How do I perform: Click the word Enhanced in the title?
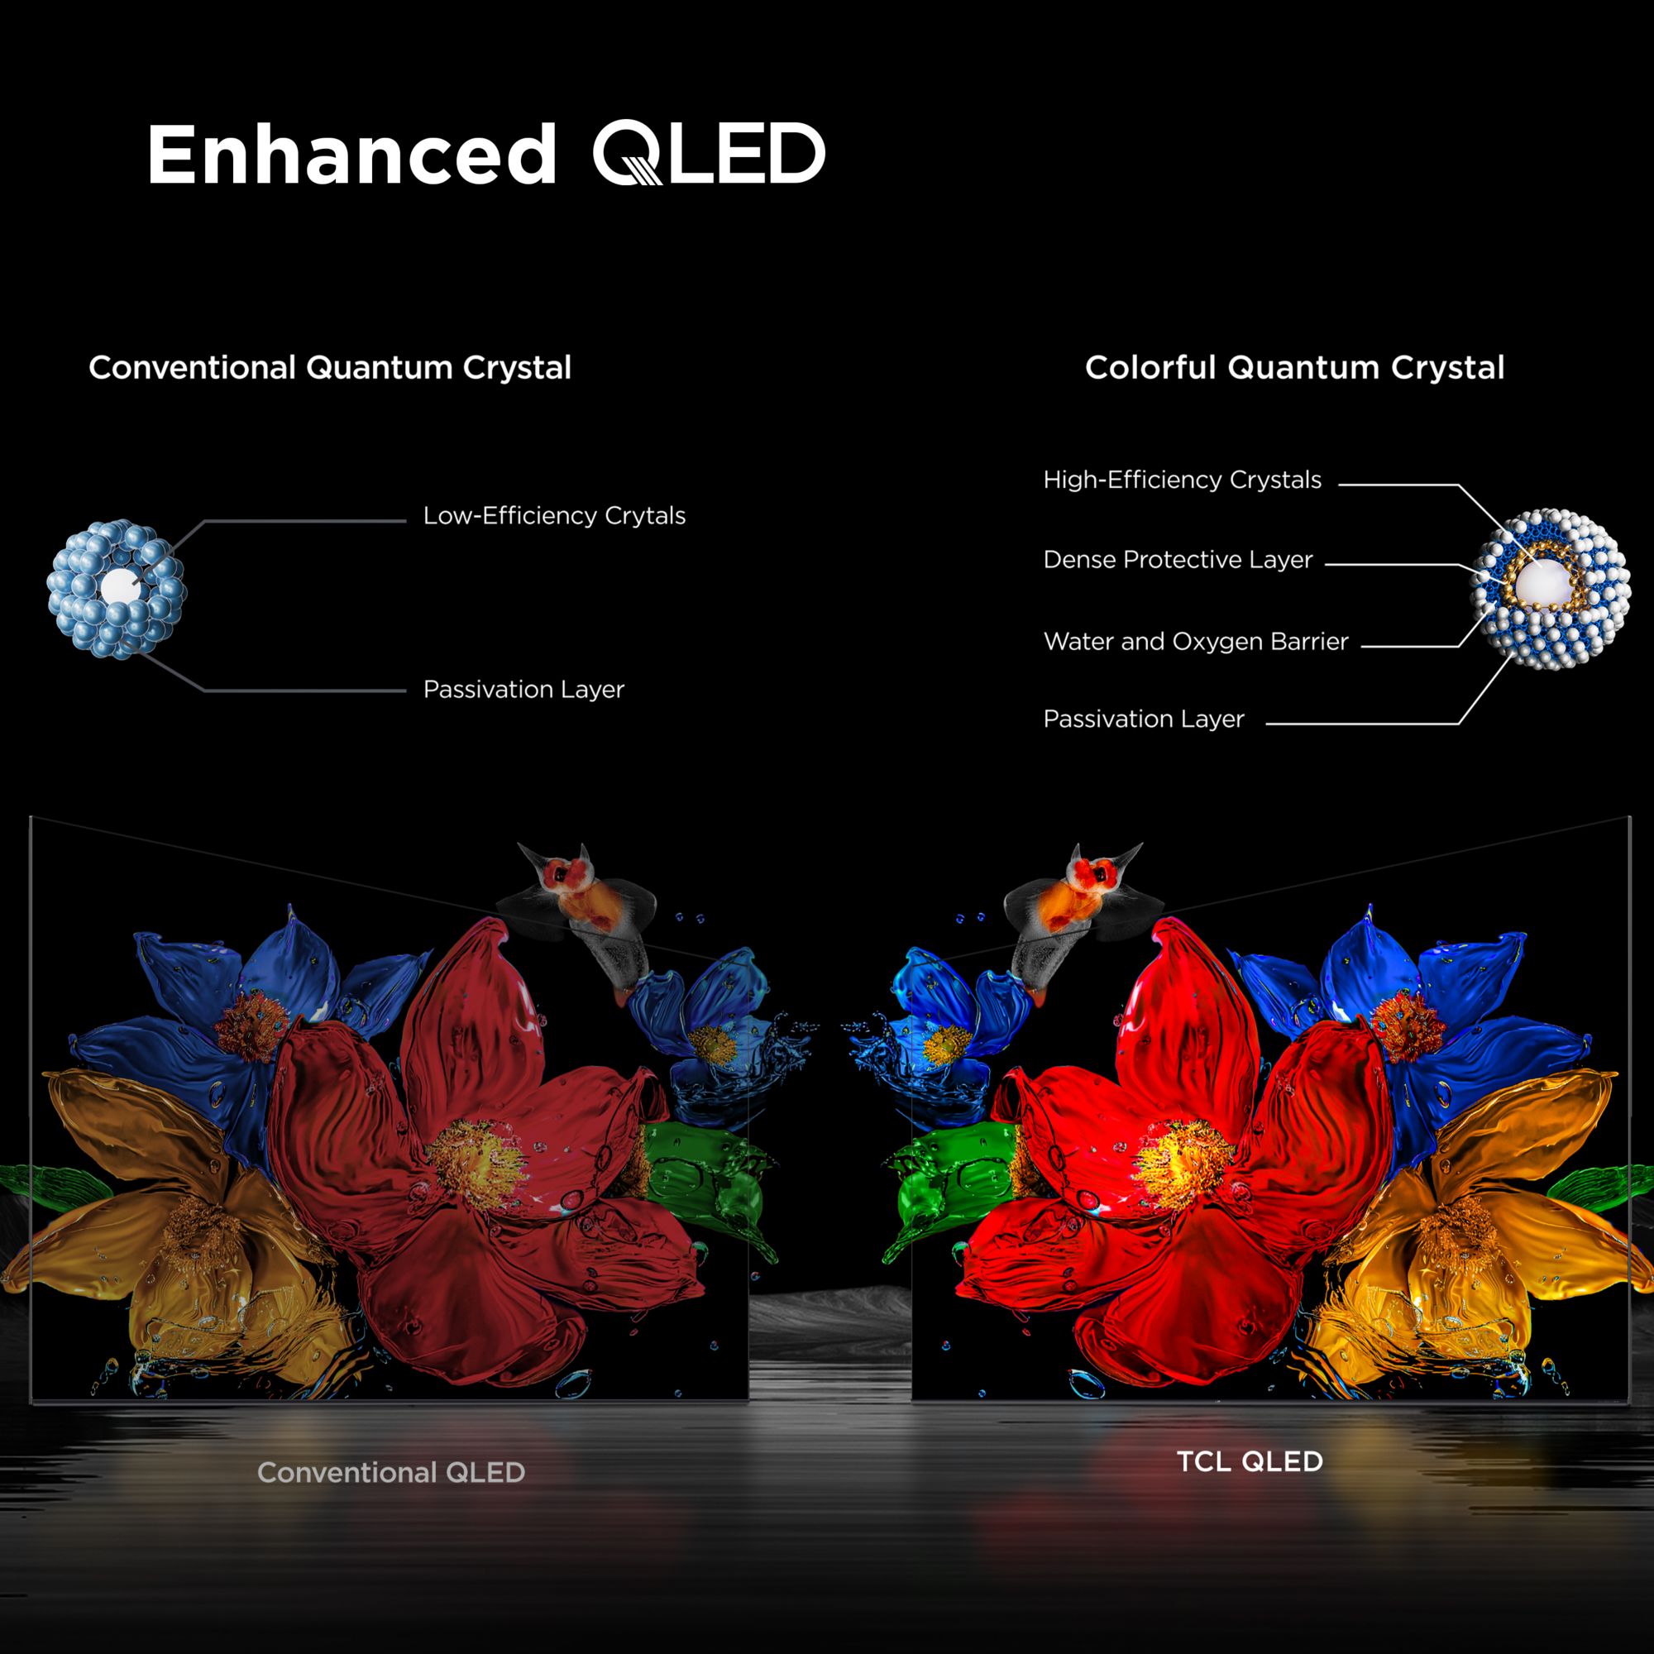pyautogui.click(x=351, y=154)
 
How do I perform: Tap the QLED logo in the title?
pyautogui.click(x=709, y=153)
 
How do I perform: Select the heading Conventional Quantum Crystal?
pyautogui.click(x=330, y=368)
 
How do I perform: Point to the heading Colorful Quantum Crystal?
pyautogui.click(x=1294, y=368)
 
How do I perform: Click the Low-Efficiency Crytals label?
pyautogui.click(x=554, y=516)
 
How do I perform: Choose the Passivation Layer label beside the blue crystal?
pyautogui.click(x=523, y=690)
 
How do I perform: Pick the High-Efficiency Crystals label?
pyautogui.click(x=1183, y=480)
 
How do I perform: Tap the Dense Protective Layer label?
pyautogui.click(x=1177, y=560)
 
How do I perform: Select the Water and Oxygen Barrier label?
pyautogui.click(x=1195, y=642)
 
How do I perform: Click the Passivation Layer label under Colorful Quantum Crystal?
pyautogui.click(x=1143, y=720)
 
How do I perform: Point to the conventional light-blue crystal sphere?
pyautogui.click(x=116, y=589)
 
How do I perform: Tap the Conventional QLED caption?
pyautogui.click(x=391, y=1473)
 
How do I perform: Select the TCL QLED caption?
pyautogui.click(x=1250, y=1461)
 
